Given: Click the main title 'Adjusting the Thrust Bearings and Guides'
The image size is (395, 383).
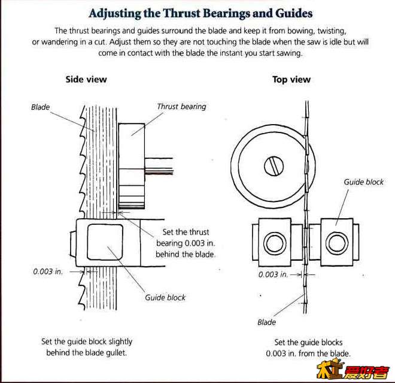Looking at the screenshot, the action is (200, 14).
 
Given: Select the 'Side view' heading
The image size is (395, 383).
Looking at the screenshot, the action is (86, 80).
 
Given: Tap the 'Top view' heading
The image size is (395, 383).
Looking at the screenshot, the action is (291, 80).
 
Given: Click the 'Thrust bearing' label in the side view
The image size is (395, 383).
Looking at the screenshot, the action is (181, 107).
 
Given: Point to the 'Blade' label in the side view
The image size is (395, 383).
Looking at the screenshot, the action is (40, 107).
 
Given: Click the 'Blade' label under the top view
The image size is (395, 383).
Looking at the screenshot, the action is (266, 322).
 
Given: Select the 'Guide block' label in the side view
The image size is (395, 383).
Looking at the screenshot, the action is (165, 297).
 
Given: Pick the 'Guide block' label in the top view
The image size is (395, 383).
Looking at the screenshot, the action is (363, 182).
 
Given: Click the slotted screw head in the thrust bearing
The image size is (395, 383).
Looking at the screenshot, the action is (274, 166).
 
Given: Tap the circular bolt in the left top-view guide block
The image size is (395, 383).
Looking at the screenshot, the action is (275, 243).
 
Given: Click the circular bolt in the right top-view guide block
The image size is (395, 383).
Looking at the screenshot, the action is (337, 243).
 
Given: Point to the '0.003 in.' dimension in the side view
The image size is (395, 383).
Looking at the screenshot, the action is (48, 272).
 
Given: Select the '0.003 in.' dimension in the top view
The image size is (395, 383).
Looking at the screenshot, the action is (273, 275).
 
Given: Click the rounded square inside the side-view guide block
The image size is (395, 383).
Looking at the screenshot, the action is (105, 242).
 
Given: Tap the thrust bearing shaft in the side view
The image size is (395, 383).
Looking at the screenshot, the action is (159, 166).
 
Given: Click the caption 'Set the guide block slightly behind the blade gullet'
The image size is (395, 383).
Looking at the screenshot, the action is (87, 347).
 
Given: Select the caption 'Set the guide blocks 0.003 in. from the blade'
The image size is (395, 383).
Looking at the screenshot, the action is (308, 348).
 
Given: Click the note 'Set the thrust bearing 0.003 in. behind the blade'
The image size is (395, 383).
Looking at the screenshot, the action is (186, 243).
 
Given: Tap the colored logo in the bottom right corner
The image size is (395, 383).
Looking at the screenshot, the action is (353, 370).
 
